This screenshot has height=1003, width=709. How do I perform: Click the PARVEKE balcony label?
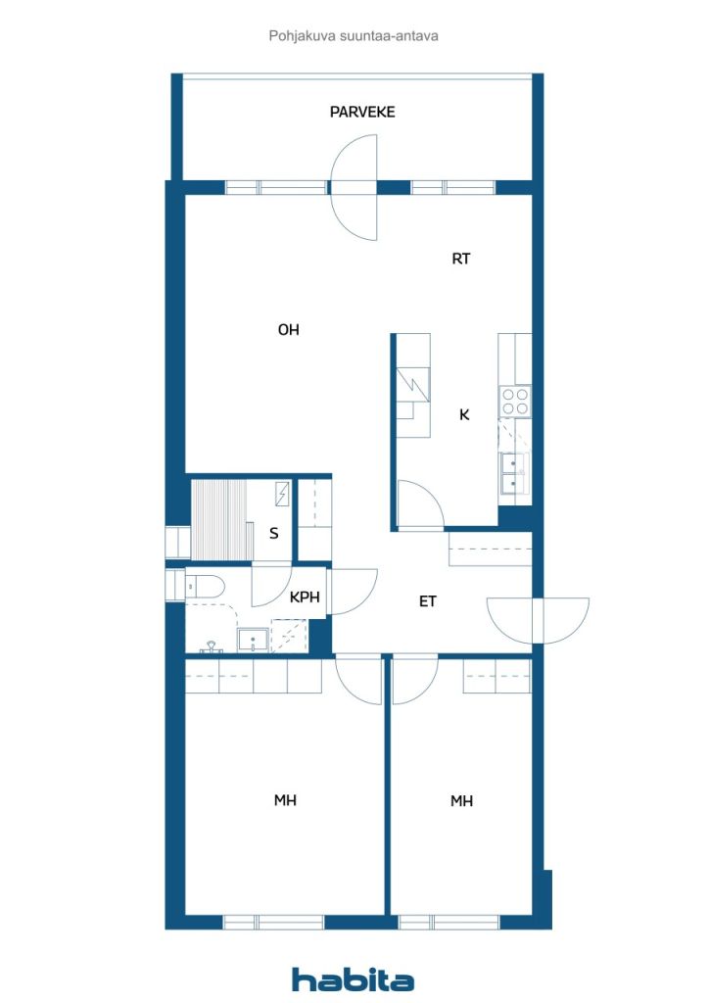(x=362, y=112)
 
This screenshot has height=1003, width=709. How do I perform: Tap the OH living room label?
(x=288, y=329)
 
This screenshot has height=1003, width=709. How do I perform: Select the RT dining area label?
(x=461, y=259)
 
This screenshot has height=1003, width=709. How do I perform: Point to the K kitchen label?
(x=464, y=414)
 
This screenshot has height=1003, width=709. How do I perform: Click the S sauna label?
(x=273, y=533)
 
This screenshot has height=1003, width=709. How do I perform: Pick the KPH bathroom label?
(x=305, y=597)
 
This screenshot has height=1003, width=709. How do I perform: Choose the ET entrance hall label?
(x=428, y=601)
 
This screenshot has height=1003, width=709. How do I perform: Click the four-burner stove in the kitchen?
(x=515, y=401)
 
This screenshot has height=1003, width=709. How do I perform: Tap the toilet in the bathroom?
(x=204, y=587)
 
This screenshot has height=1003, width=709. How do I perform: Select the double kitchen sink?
(x=514, y=473)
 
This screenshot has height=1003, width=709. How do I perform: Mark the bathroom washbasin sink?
(x=253, y=640)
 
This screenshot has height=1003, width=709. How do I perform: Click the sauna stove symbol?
(x=282, y=494)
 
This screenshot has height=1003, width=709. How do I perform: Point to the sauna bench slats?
(x=219, y=521)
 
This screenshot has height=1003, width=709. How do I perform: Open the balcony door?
(x=354, y=187)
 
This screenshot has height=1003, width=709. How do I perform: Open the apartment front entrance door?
(x=538, y=620)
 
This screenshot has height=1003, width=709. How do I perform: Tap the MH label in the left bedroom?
(x=285, y=800)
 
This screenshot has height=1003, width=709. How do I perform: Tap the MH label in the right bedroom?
(x=461, y=801)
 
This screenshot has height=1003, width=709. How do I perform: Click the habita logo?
(x=353, y=979)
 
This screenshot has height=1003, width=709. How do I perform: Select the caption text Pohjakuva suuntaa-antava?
(x=354, y=36)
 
